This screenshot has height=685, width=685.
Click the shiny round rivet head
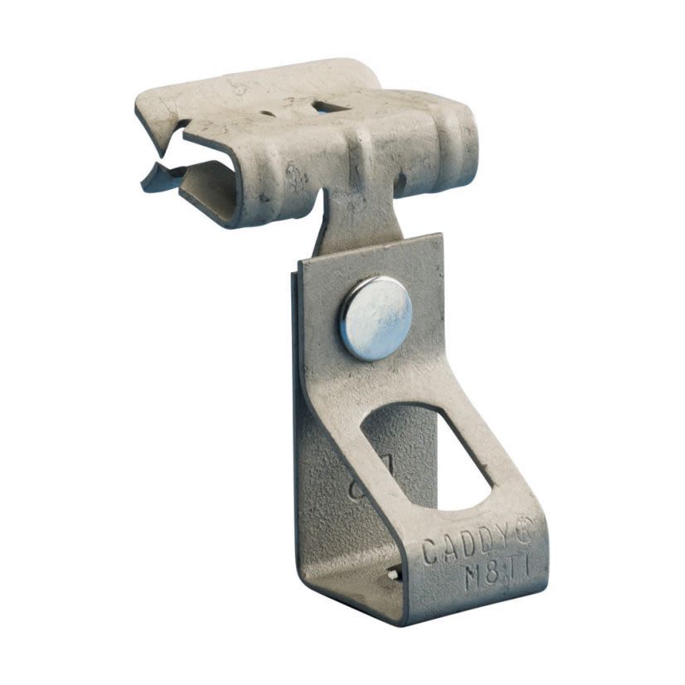coord(375,318)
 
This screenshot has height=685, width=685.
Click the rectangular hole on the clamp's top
coord(330,105)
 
